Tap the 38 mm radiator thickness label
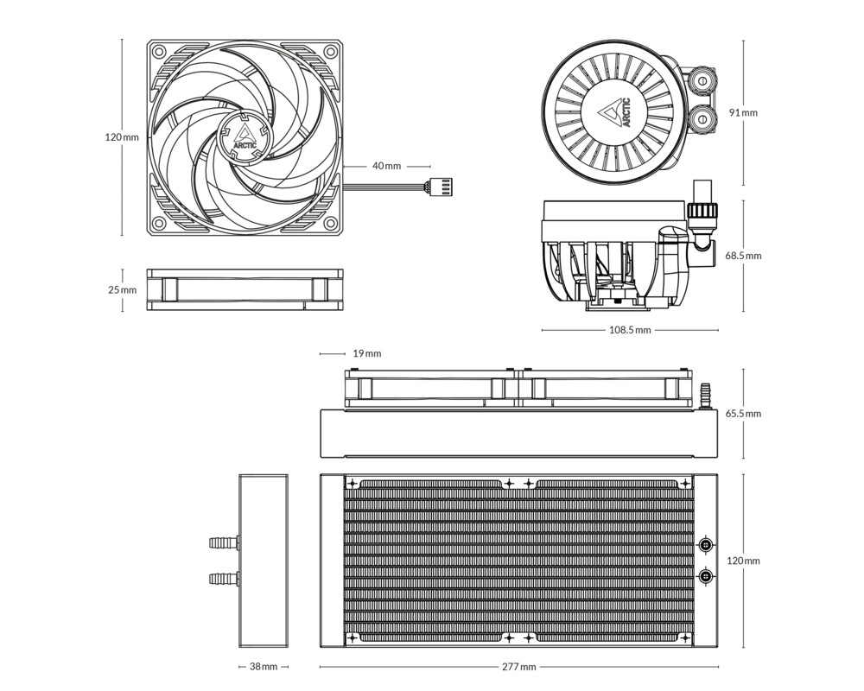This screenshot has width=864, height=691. pyautogui.click(x=263, y=667)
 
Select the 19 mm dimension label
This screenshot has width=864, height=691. pyautogui.click(x=366, y=353)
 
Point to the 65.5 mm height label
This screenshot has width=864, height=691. pyautogui.click(x=743, y=414)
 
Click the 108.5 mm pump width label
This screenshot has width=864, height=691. pyautogui.click(x=630, y=330)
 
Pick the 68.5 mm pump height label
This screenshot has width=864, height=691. pyautogui.click(x=743, y=256)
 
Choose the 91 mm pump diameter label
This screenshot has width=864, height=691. pyautogui.click(x=743, y=112)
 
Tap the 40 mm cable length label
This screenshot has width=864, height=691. pyautogui.click(x=386, y=166)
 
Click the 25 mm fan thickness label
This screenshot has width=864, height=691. pyautogui.click(x=122, y=290)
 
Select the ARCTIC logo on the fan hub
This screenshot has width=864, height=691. pyautogui.click(x=245, y=136)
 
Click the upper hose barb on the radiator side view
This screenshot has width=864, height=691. pyautogui.click(x=223, y=543)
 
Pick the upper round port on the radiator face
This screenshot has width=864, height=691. pyautogui.click(x=707, y=545)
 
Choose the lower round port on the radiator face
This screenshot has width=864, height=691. pyautogui.click(x=707, y=575)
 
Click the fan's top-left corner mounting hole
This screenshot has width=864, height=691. pyautogui.click(x=160, y=50)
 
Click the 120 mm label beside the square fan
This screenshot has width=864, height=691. pyautogui.click(x=121, y=137)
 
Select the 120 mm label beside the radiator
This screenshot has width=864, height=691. pyautogui.click(x=743, y=561)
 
